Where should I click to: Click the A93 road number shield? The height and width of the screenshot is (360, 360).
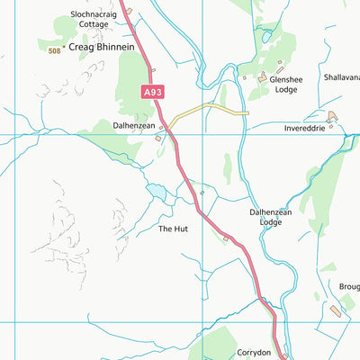coord(153,91)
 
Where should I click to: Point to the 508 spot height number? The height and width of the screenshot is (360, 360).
coord(55,49)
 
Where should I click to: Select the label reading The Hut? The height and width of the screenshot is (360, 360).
coord(173,229)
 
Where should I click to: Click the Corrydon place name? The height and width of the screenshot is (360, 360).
coord(253,353)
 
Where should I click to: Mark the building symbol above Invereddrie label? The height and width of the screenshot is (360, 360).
coord(333,115)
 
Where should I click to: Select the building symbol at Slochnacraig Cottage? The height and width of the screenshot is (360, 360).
coord(129,11)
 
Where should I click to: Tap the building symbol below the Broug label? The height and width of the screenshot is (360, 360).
coord(336,310)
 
